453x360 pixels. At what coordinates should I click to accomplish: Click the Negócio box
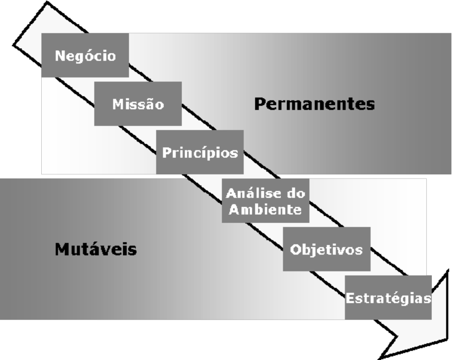[84, 55]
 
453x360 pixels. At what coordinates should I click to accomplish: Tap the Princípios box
[200, 152]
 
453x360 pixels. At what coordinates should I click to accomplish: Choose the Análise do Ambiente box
[265, 200]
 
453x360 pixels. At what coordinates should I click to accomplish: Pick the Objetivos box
[327, 249]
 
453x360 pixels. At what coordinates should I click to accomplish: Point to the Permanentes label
[314, 104]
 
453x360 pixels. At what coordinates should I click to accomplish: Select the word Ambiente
[265, 209]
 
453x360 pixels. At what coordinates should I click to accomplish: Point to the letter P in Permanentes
[259, 104]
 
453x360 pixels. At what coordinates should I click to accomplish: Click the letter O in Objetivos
[296, 249]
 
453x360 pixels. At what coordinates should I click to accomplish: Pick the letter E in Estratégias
[350, 298]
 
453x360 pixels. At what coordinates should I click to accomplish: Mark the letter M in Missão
[117, 104]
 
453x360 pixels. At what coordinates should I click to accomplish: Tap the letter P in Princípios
[166, 152]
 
